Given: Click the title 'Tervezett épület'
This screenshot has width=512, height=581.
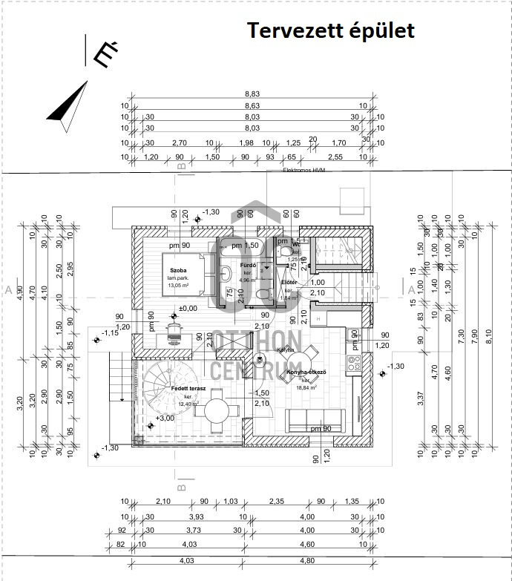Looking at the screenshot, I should click(x=330, y=30).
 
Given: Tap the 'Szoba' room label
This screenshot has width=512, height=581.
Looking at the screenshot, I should click(x=178, y=271).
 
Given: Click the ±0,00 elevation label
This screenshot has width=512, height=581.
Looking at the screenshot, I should click(x=188, y=307).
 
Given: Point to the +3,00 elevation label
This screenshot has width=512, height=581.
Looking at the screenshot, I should click(x=165, y=418).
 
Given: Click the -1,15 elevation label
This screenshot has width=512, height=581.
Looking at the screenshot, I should click(x=111, y=332).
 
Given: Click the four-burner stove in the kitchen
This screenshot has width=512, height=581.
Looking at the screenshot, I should click(x=353, y=364).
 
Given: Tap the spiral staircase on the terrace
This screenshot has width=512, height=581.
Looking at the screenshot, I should click(x=162, y=386).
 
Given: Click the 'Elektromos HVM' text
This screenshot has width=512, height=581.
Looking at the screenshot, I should click(x=304, y=170).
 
